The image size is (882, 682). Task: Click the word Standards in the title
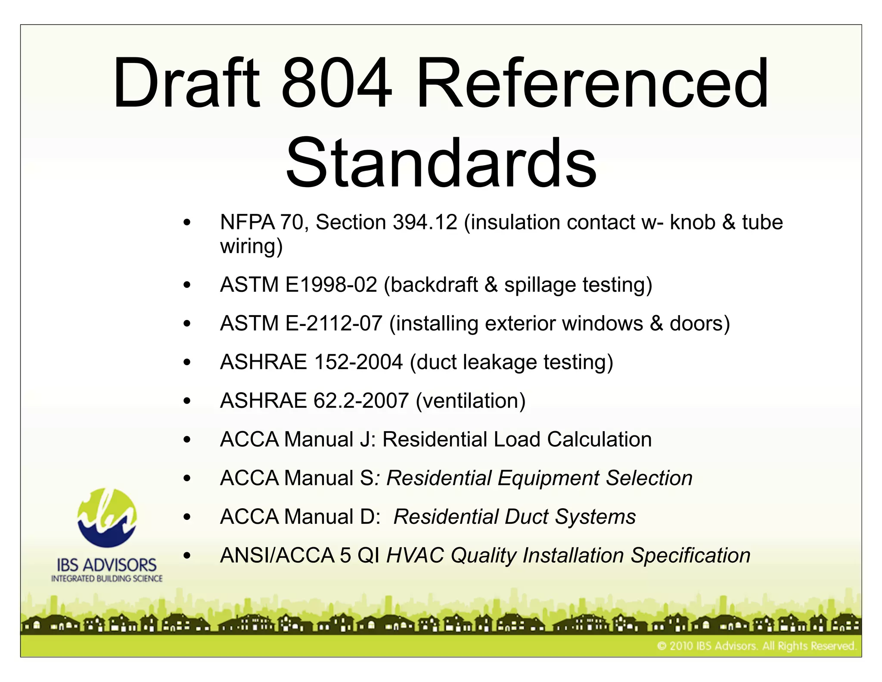tap(441, 163)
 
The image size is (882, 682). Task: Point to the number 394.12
tap(425, 222)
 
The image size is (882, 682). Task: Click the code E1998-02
tap(331, 285)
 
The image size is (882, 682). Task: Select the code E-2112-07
tap(334, 323)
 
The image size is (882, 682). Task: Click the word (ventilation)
tap(471, 401)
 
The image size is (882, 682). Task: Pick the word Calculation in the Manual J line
tap(599, 440)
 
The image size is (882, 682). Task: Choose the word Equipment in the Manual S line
tap(548, 478)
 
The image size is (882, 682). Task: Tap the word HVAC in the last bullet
tap(415, 555)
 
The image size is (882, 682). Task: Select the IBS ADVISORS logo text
tap(107, 565)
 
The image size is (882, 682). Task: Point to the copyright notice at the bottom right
tap(756, 646)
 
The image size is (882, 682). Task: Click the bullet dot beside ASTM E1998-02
tap(187, 285)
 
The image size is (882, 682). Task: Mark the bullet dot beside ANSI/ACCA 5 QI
tap(187, 556)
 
